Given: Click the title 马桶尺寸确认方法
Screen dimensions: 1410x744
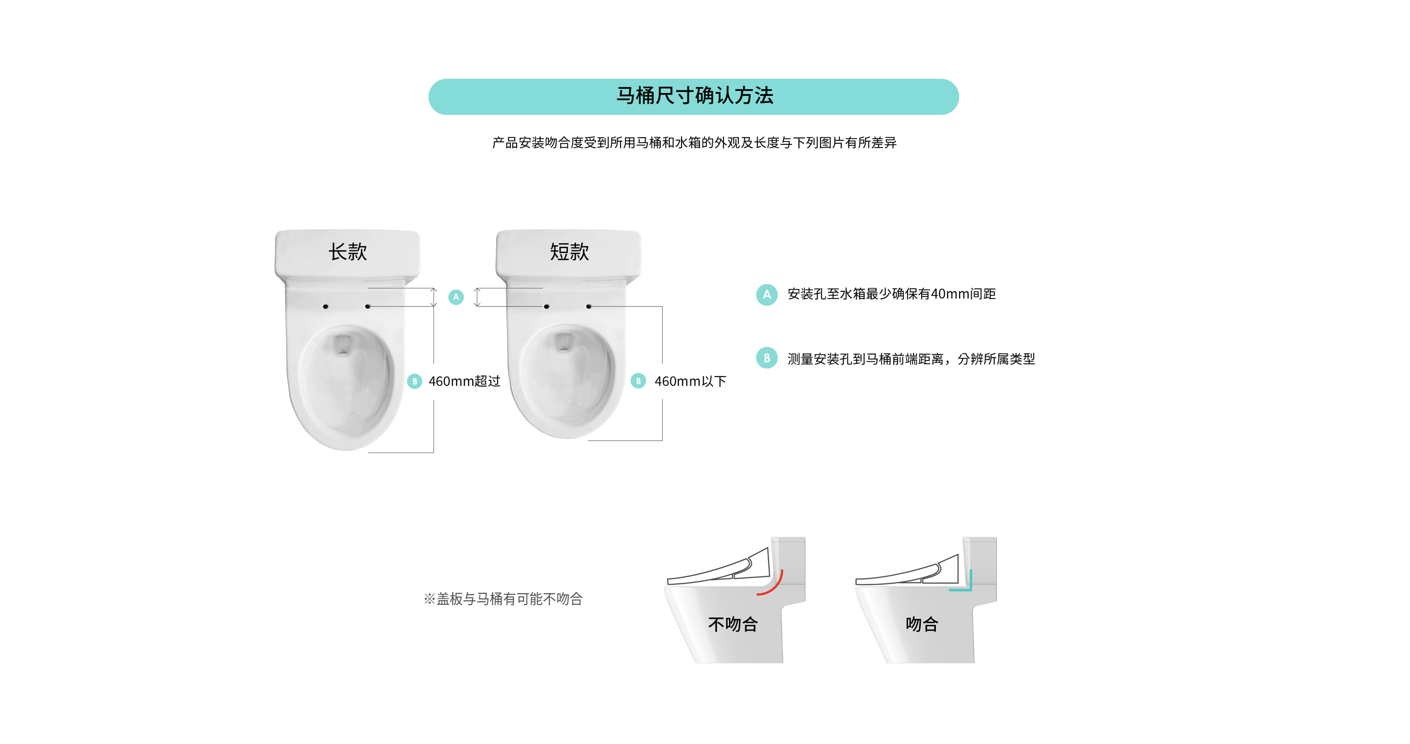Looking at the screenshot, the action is pyautogui.click(x=695, y=96).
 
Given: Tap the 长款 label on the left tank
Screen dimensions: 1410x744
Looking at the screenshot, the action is pyautogui.click(x=348, y=252).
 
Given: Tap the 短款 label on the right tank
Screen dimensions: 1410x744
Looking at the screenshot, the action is pyautogui.click(x=569, y=252).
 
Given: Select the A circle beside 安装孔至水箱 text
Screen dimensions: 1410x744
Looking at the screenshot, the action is pyautogui.click(x=767, y=295).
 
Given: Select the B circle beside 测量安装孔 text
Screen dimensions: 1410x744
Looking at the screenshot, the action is pyautogui.click(x=767, y=358).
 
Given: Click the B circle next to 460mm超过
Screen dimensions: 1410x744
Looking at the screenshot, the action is pyautogui.click(x=415, y=381).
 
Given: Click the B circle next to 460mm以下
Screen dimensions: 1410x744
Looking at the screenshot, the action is pyautogui.click(x=638, y=381).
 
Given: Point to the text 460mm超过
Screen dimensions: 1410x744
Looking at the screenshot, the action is pyautogui.click(x=464, y=382).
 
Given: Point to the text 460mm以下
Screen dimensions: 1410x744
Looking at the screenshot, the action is pyautogui.click(x=690, y=382).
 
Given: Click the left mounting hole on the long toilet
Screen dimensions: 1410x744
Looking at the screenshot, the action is pyautogui.click(x=326, y=306).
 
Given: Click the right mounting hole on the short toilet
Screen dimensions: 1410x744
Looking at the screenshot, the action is pyautogui.click(x=588, y=306).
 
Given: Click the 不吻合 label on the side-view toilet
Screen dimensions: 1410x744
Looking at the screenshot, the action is pyautogui.click(x=733, y=624).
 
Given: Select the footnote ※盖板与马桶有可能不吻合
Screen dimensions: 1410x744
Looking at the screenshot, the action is pyautogui.click(x=503, y=599).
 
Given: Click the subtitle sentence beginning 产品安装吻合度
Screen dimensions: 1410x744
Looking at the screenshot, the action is pyautogui.click(x=694, y=143).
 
